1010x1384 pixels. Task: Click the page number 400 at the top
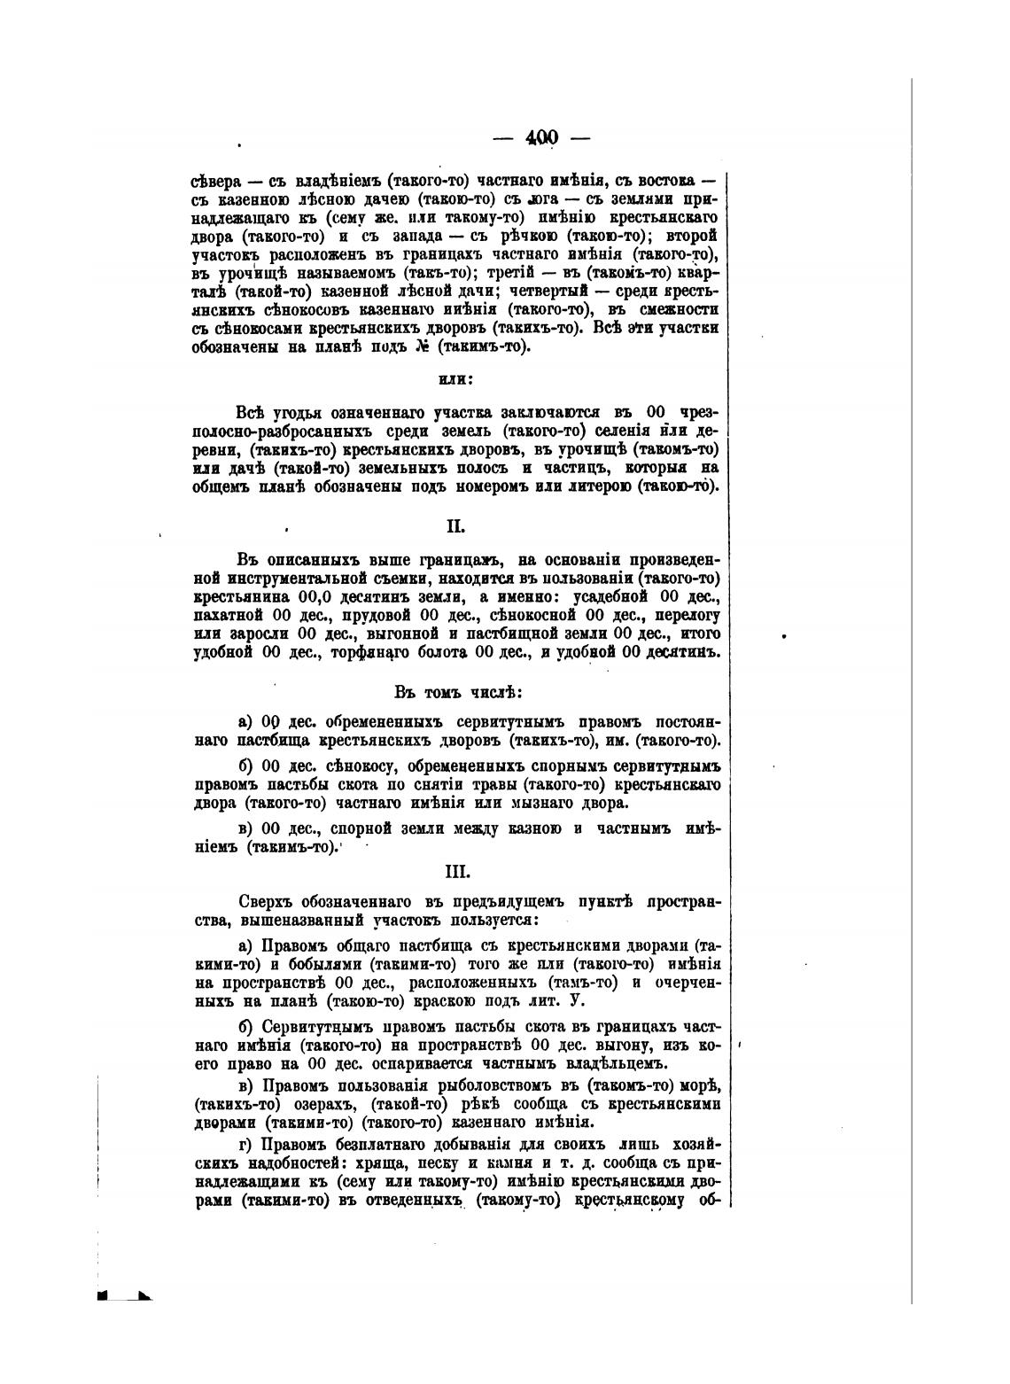541,137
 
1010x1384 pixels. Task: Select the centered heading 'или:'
456,379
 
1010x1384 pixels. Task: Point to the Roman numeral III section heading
456,871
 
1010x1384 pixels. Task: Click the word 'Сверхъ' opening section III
261,902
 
